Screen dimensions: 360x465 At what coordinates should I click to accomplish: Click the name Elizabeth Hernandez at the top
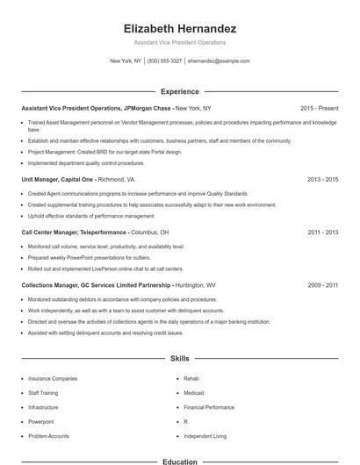pos(179,29)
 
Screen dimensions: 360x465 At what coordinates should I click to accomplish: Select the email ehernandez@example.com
pos(219,61)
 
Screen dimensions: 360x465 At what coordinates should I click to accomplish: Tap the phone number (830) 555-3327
pos(164,61)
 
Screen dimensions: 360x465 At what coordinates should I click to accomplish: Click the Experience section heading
pos(179,91)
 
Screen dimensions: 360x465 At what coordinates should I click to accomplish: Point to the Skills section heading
pos(179,359)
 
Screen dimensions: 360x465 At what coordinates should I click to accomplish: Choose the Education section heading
pos(179,461)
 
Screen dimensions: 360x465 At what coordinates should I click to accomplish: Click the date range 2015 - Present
pos(319,108)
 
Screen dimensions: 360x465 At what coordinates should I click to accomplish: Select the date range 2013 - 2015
pos(322,179)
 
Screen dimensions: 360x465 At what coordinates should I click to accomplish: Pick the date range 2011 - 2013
pos(322,232)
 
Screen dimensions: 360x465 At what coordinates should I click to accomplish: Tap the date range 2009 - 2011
pos(322,285)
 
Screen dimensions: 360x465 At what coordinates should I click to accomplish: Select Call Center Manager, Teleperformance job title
pos(75,232)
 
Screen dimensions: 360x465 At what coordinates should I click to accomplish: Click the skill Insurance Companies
pos(53,379)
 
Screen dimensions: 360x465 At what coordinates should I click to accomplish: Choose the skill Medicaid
pos(193,393)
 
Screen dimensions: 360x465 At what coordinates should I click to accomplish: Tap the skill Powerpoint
pos(41,422)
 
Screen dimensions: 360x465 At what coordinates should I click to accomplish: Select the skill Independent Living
pos(205,436)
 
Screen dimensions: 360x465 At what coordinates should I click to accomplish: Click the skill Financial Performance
pos(209,407)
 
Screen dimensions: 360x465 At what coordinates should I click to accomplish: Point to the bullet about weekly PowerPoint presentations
pos(76,259)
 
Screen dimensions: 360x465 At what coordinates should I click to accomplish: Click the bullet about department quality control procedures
pos(86,162)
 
